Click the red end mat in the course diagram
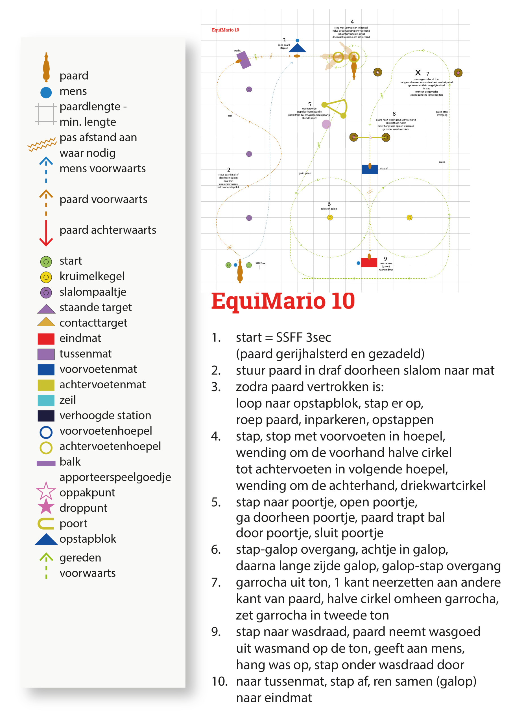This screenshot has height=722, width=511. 369,263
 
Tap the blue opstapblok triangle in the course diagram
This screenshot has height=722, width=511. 297,48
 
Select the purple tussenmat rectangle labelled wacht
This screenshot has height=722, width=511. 244,60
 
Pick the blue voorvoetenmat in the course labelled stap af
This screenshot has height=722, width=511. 370,169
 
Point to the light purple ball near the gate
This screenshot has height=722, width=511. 326,125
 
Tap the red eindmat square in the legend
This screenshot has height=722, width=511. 46,339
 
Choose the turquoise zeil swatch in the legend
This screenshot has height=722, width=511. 46,400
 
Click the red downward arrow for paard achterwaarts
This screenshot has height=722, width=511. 46,233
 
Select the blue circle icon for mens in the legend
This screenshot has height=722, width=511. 46,93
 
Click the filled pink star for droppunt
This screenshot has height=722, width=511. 46,506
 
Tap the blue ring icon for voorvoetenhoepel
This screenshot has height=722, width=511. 46,432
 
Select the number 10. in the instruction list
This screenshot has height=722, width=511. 219,681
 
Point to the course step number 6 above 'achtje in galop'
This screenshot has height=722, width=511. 329,204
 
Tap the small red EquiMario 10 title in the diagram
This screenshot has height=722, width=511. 225,30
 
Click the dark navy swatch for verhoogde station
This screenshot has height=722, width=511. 46,416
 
